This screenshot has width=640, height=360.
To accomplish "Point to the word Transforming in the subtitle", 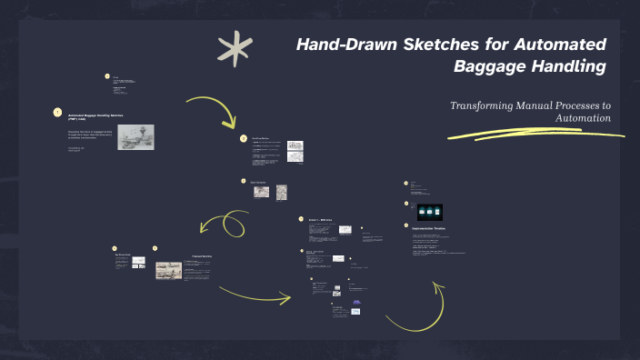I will point(489,105).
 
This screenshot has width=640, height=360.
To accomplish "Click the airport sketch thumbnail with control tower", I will point(135,136).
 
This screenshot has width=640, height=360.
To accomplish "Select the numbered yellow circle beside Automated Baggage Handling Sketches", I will point(57,113).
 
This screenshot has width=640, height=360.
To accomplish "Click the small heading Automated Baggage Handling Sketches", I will point(95,115).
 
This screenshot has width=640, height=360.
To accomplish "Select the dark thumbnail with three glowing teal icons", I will point(429,211).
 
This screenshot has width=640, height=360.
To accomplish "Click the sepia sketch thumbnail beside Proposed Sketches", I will point(168,269).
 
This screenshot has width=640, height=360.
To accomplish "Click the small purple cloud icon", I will point(355,302).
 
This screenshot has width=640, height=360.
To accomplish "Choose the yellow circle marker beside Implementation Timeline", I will point(406,225).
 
